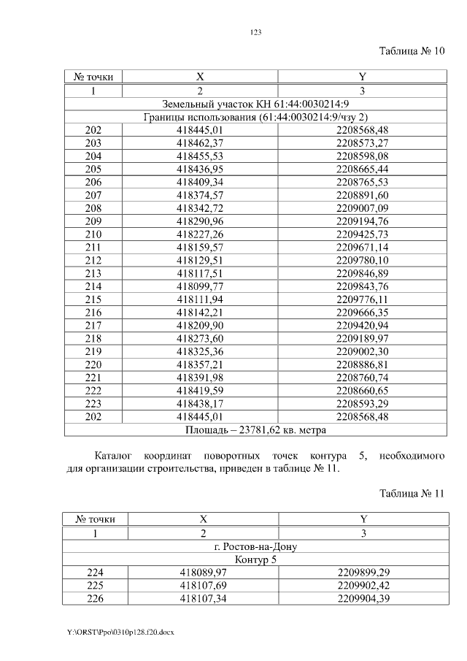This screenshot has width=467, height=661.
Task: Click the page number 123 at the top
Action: [x=255, y=32]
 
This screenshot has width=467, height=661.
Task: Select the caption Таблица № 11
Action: [x=412, y=493]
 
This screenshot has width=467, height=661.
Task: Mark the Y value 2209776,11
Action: [x=362, y=299]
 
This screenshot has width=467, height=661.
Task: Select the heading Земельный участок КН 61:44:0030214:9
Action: [x=255, y=104]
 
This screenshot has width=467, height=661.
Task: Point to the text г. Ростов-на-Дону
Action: [x=255, y=546]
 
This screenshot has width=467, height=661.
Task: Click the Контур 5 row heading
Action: [x=255, y=559]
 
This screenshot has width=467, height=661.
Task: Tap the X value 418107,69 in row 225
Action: [x=204, y=586]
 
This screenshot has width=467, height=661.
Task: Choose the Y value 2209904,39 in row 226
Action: [x=362, y=599]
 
